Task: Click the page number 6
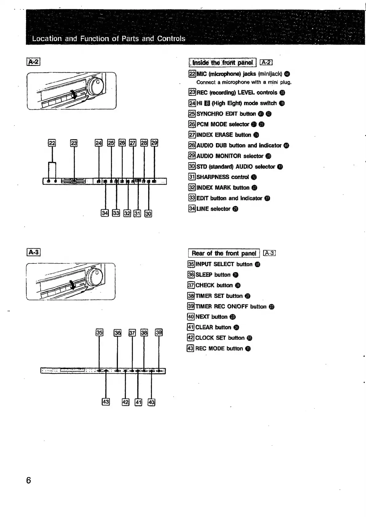pyautogui.click(x=29, y=480)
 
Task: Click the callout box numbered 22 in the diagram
pyautogui.click(x=52, y=143)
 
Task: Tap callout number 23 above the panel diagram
pyautogui.click(x=74, y=143)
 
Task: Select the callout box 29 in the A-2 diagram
pyautogui.click(x=154, y=143)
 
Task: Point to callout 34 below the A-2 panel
pyautogui.click(x=105, y=213)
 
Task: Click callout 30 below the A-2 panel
pyautogui.click(x=148, y=213)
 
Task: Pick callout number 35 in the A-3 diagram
pyautogui.click(x=99, y=332)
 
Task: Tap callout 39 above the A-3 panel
pyautogui.click(x=159, y=332)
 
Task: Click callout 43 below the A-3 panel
pyautogui.click(x=105, y=402)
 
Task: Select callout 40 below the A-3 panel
pyautogui.click(x=152, y=402)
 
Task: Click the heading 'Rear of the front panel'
pyautogui.click(x=224, y=253)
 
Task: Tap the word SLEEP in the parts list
pyautogui.click(x=204, y=275)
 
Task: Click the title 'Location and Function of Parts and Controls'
pyautogui.click(x=109, y=39)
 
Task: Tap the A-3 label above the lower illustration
pyautogui.click(x=34, y=252)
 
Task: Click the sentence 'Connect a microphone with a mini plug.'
pyautogui.click(x=244, y=82)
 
